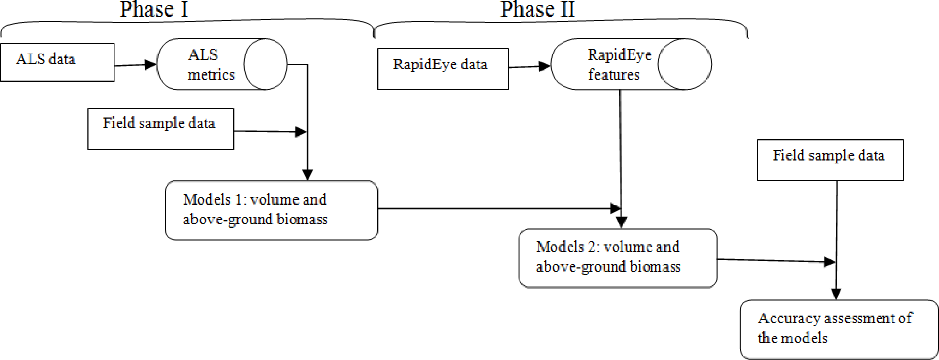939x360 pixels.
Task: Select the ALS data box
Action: click(57, 62)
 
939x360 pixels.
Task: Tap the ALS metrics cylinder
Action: click(211, 64)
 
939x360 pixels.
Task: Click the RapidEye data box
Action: click(443, 69)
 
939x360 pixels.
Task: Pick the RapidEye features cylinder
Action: click(616, 64)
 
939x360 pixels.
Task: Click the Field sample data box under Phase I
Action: click(161, 129)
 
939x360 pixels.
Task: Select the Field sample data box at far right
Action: click(830, 160)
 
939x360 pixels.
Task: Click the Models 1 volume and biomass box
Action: click(271, 210)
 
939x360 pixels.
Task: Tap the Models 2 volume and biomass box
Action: click(618, 258)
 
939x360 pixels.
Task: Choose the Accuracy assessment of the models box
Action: click(838, 329)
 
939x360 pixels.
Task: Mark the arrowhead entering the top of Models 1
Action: click(308, 175)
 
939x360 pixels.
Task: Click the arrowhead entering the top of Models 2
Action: click(621, 222)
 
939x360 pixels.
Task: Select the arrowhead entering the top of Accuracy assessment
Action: click(835, 293)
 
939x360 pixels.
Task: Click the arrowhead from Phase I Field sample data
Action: click(301, 132)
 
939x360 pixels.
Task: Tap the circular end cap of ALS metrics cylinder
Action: click(265, 64)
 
